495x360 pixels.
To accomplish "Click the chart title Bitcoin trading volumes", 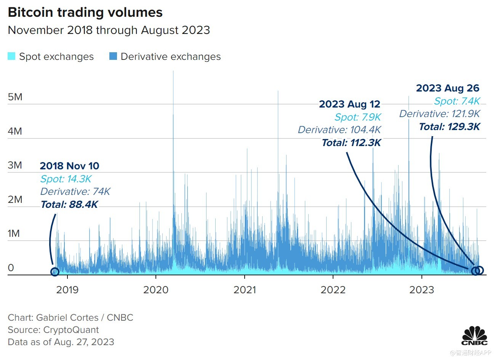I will [85, 12].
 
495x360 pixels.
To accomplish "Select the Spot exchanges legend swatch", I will [11, 56].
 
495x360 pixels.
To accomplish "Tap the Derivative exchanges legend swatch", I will [113, 56].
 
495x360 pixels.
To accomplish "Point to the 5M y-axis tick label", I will [15, 97].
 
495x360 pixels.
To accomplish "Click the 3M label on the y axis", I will [15, 165].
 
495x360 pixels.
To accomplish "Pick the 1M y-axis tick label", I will [14, 233].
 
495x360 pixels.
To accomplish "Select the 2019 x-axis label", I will [67, 290].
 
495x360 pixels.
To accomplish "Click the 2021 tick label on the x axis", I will [245, 290].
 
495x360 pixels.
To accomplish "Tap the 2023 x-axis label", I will [421, 290].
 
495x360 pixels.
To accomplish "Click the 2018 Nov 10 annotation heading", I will [69, 166].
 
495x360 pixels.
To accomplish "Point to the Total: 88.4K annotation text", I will [69, 205].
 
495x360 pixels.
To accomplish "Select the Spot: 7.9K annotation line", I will [358, 117].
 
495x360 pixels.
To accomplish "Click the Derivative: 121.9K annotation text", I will [439, 114].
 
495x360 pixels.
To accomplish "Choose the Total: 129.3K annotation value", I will [449, 127].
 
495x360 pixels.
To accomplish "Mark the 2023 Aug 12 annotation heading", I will [349, 104].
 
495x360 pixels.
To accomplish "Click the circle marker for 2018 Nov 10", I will [55, 272].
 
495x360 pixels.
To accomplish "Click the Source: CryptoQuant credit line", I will [53, 330].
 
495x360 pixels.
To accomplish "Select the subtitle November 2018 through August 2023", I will [109, 30].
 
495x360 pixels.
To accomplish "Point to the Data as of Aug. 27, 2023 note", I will [61, 342].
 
